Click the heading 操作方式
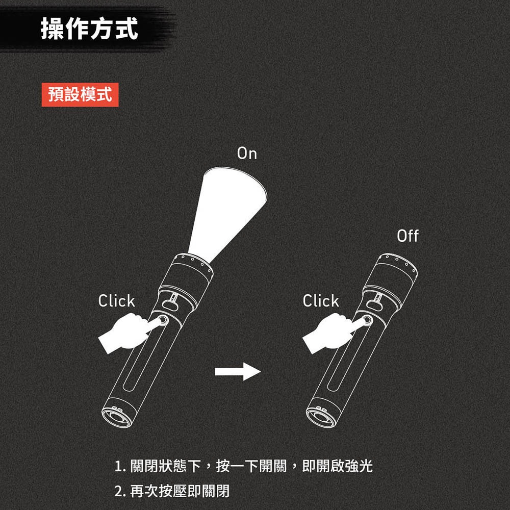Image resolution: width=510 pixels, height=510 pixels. coord(89,28)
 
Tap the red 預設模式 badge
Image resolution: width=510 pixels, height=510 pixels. coord(80,95)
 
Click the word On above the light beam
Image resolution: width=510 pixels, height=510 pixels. coord(247,154)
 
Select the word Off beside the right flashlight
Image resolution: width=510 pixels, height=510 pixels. coord(407,236)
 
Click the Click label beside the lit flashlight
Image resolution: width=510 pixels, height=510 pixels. coord(116,301)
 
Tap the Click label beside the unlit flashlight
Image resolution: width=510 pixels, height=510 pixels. coord(321,301)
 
